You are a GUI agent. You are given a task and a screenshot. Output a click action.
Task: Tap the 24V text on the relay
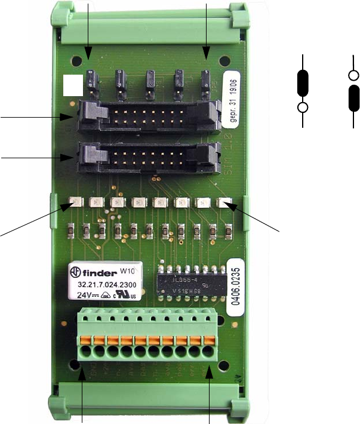point(82,294)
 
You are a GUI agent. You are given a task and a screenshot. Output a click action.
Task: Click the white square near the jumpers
point(73,85)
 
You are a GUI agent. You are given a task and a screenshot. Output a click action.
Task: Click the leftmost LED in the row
point(76,202)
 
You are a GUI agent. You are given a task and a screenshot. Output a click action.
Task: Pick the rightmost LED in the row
point(224,202)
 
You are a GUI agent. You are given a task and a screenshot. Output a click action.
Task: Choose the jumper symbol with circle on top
point(354,90)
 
